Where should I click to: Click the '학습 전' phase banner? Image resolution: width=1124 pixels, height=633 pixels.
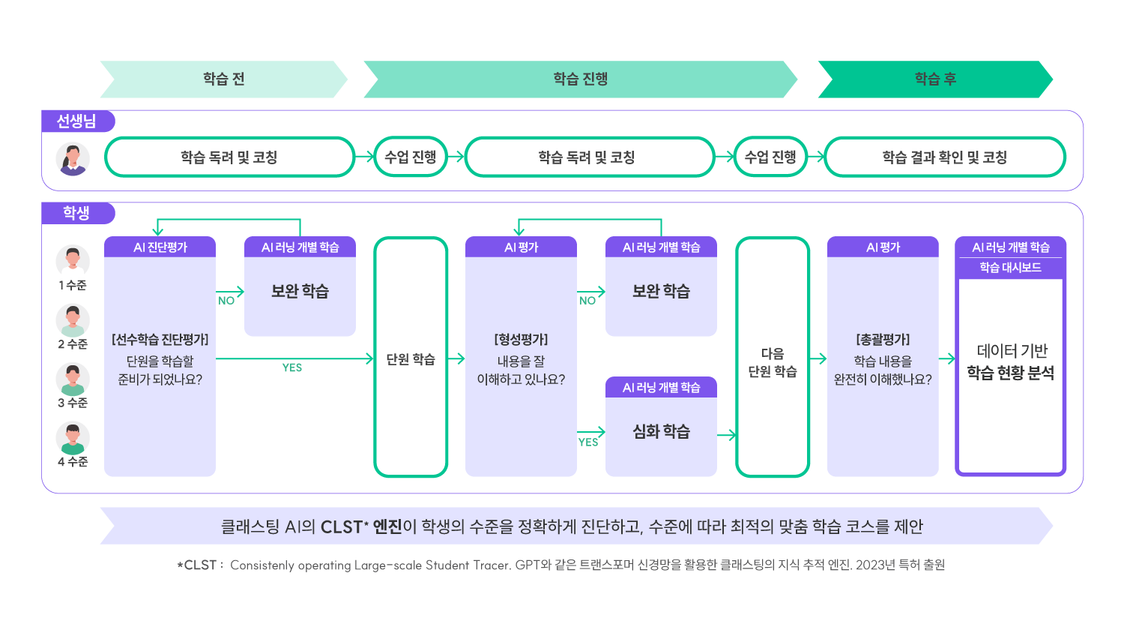(x=223, y=79)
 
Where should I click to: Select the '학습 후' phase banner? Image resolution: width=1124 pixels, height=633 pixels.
(x=935, y=79)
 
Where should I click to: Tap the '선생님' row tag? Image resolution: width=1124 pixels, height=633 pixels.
(x=77, y=121)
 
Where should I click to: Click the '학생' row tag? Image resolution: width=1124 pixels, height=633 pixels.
(x=76, y=214)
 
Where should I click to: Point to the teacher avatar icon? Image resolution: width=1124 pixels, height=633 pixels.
(x=73, y=158)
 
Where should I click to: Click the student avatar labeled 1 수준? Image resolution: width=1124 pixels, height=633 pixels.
(x=73, y=262)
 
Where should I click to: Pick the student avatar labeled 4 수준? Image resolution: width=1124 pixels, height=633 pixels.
(x=73, y=439)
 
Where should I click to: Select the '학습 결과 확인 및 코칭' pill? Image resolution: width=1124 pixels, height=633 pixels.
(x=944, y=157)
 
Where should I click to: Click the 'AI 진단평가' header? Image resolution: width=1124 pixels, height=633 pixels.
(x=160, y=247)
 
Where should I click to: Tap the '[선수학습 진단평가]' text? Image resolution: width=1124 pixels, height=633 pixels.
(x=160, y=340)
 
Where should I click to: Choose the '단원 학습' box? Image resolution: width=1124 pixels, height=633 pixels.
(x=411, y=359)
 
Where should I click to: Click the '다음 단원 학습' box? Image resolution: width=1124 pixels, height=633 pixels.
(x=773, y=362)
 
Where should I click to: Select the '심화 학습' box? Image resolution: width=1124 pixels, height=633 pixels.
(x=661, y=432)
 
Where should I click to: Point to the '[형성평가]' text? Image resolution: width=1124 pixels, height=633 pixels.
(x=521, y=340)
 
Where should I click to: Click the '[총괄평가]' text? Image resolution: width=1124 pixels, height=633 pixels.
(x=883, y=340)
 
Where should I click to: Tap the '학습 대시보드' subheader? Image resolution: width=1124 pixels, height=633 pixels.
(x=1010, y=268)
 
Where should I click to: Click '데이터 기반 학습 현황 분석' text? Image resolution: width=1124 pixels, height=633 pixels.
(x=1011, y=362)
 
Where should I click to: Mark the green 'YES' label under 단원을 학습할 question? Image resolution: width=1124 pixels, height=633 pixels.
(x=292, y=367)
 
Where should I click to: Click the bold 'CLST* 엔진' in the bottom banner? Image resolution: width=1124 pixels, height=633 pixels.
(x=361, y=527)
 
